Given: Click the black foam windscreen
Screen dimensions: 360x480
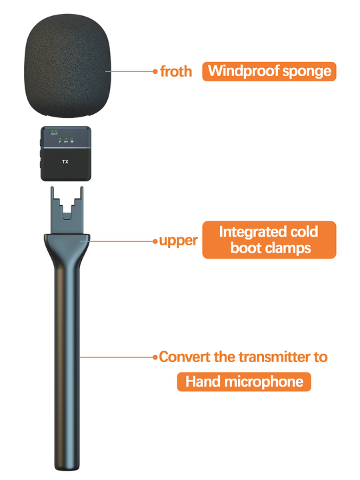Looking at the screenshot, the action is point(67,66).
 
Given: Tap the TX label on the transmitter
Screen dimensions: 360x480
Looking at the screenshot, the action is point(65,161).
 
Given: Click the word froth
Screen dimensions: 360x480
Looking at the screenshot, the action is point(176,71).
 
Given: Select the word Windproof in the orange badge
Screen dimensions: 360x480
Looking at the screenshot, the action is point(244,71).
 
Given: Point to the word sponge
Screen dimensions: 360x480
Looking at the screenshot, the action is point(307,72).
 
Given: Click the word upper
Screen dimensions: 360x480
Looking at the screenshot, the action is point(179,241).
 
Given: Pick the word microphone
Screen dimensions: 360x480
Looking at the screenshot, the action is point(263,383).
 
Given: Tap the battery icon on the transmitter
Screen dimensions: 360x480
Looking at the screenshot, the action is point(53,134).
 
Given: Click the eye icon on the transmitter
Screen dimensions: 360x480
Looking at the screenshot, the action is point(72,141).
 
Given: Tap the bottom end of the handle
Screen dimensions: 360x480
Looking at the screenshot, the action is point(67,469).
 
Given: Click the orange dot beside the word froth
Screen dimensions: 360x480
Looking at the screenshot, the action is point(155,71).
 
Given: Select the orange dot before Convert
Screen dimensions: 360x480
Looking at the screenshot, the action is point(155,357).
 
